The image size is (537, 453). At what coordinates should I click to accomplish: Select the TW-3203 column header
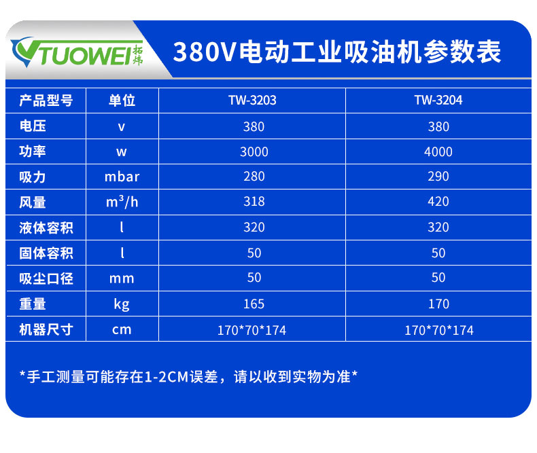point(252,101)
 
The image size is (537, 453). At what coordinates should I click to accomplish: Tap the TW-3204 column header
point(438,101)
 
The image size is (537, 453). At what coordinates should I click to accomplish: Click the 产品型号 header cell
point(46,101)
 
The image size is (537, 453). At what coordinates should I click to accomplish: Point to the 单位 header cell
point(122,101)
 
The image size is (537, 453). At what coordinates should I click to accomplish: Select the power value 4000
point(438,151)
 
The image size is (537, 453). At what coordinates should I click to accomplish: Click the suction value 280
point(254,177)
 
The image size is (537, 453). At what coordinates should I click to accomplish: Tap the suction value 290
point(438,177)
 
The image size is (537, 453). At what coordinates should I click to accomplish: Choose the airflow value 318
point(254,202)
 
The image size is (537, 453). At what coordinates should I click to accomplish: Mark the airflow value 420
point(438,202)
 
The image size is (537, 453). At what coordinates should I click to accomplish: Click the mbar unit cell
point(122,177)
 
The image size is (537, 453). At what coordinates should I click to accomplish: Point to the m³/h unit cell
point(122,202)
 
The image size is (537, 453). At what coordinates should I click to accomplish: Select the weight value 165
point(254,304)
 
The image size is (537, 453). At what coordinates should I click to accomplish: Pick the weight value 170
point(438,304)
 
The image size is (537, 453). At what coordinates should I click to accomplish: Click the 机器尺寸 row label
point(46,330)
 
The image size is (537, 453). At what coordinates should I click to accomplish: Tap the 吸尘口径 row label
point(46,278)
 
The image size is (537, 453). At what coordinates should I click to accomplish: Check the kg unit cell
point(122,304)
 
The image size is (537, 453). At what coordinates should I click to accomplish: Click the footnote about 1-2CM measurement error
point(188,376)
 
